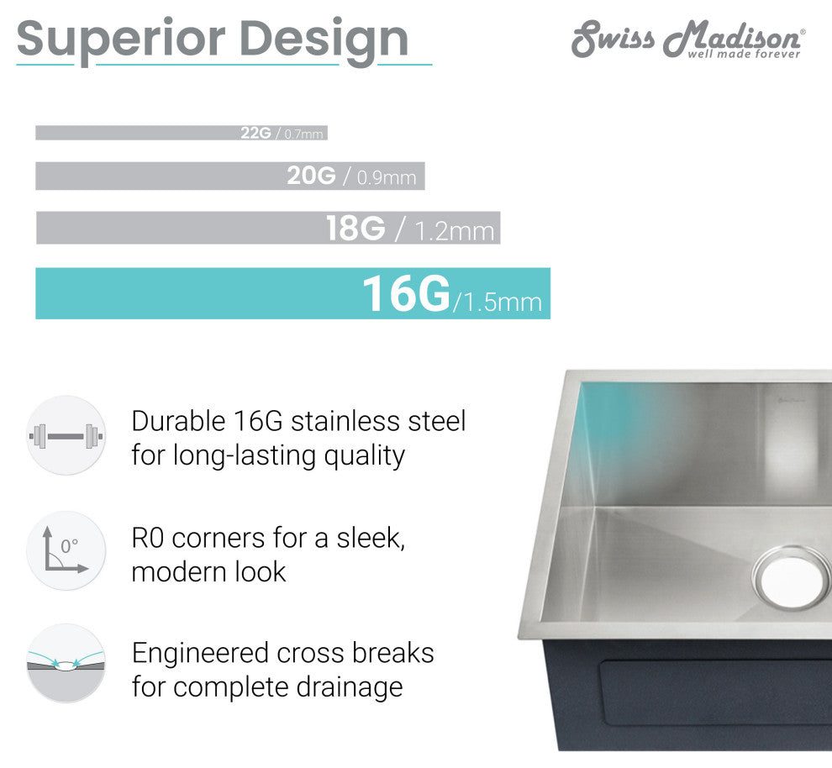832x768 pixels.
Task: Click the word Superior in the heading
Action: tap(121, 39)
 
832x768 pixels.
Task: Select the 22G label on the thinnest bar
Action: tap(255, 133)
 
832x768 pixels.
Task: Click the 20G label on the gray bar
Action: tap(311, 176)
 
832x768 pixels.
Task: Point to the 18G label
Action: tap(355, 228)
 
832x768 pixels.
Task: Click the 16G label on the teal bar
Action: tap(406, 294)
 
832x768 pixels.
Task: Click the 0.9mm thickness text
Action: tap(387, 177)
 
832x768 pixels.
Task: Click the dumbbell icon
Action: tap(66, 435)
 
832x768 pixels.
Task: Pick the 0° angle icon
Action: tap(66, 551)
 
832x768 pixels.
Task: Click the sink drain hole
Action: tap(792, 578)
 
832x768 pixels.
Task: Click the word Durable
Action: tap(177, 421)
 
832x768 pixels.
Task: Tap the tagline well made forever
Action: tap(744, 55)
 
